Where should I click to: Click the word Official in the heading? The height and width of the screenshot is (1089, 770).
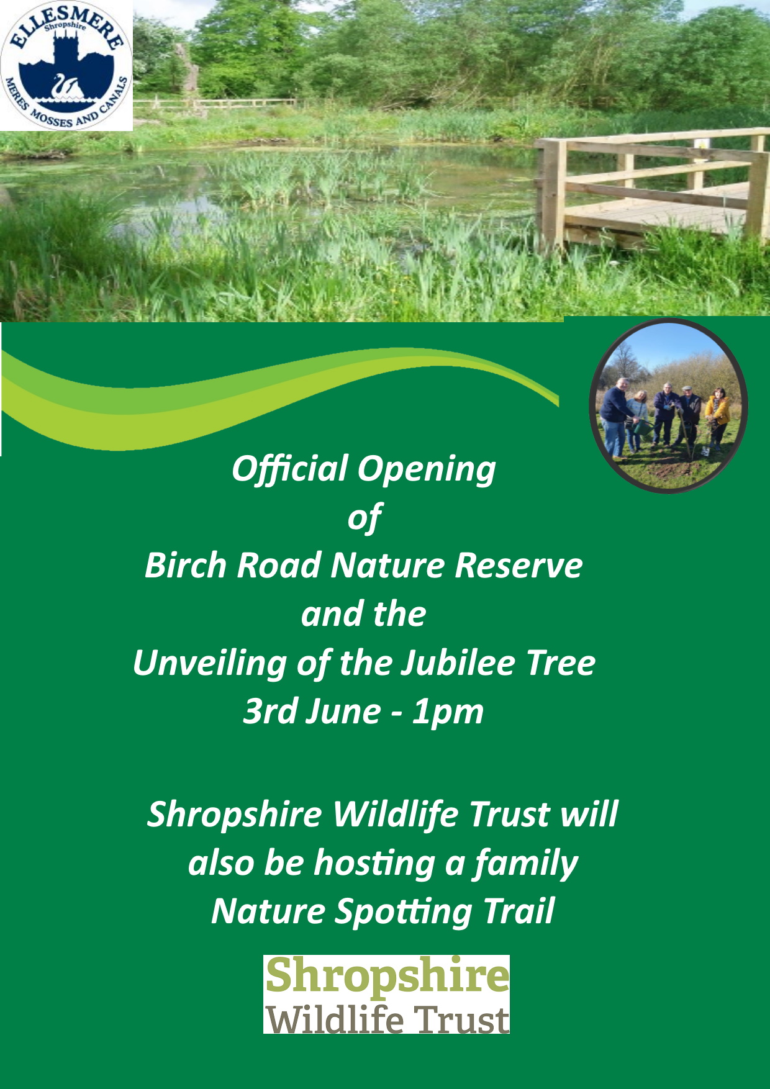[290, 469]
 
